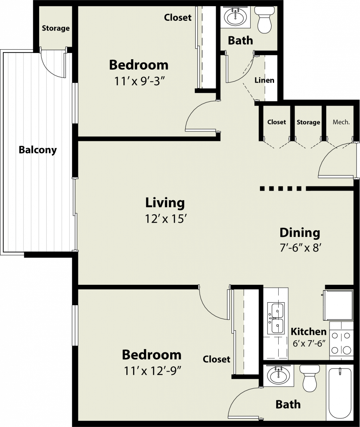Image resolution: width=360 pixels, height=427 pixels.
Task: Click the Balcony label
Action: [x=38, y=150]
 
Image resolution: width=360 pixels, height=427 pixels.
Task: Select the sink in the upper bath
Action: [x=235, y=17]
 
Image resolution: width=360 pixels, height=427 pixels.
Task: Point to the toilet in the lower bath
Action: [x=310, y=378]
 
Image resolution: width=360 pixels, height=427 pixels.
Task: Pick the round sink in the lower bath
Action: [x=278, y=375]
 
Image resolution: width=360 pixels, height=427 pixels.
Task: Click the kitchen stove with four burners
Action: [x=341, y=341]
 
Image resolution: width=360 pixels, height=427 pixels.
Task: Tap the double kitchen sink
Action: [x=276, y=318]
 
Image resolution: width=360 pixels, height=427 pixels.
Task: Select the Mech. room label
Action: [x=341, y=122]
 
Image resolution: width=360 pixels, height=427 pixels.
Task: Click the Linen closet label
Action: [x=264, y=80]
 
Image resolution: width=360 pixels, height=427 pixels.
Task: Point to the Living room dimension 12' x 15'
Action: [x=165, y=219]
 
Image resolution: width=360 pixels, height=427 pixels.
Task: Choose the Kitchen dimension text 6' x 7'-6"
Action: [x=309, y=344]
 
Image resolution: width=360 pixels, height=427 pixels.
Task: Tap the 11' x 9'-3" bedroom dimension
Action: [x=140, y=81]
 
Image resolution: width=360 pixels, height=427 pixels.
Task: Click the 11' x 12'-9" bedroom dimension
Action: [x=153, y=371]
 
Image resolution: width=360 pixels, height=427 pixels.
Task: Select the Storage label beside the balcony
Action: [x=55, y=28]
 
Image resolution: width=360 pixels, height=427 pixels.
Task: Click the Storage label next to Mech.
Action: [x=308, y=122]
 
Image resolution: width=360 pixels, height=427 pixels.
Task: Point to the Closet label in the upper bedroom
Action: [x=178, y=18]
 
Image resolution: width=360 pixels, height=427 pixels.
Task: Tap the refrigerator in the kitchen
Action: [x=338, y=305]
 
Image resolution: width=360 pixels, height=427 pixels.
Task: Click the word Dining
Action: [x=300, y=233]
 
